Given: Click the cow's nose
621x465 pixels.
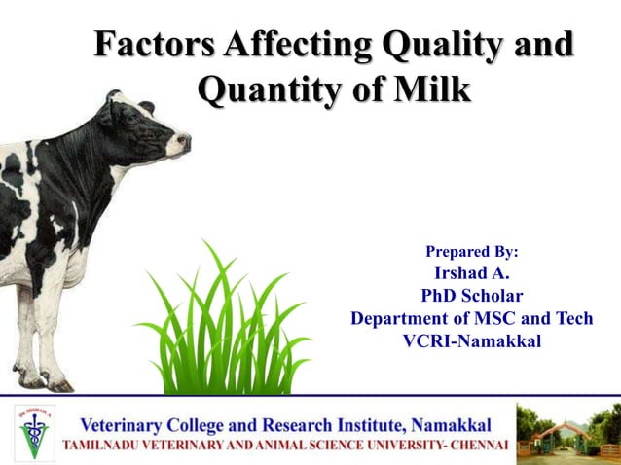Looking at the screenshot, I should pos(183,144).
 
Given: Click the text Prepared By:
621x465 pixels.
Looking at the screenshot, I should pos(472,251).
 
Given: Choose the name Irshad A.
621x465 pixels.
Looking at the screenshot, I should pos(472,273).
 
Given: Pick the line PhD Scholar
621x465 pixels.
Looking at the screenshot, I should pos(472,296).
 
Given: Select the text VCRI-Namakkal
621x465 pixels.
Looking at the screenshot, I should pos(472,340).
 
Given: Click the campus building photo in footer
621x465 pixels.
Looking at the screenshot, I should pos(567,429).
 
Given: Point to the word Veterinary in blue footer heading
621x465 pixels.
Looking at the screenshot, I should pos(130,425).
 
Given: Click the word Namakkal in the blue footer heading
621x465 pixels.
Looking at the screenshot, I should pos(452,425).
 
